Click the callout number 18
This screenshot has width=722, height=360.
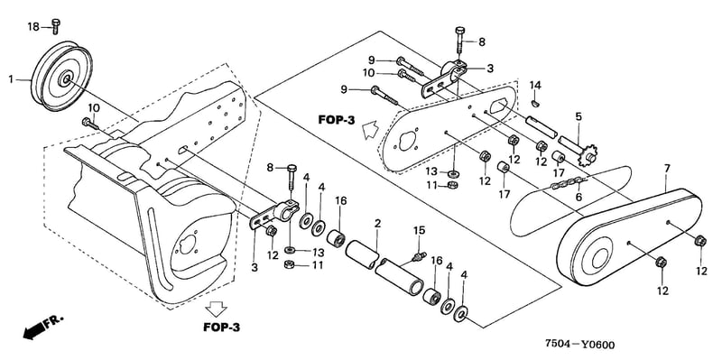point(33,27)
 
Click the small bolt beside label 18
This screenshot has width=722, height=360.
point(56,26)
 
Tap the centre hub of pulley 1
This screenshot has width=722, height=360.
point(64,78)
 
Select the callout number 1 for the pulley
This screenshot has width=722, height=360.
point(11,79)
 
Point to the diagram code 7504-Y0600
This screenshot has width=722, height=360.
point(579,344)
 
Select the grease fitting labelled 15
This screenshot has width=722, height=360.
point(418,256)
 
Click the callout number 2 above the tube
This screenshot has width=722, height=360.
point(377,225)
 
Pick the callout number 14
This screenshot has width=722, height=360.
point(535,85)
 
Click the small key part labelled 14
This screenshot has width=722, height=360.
point(534,103)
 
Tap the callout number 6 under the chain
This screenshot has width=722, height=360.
point(579,197)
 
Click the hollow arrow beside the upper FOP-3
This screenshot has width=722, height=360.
point(370,129)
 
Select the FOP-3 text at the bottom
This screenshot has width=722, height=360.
point(221,328)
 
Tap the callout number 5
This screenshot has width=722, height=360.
point(579,116)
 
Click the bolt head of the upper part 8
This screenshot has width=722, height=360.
point(459,31)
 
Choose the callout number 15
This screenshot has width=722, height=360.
point(419,230)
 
